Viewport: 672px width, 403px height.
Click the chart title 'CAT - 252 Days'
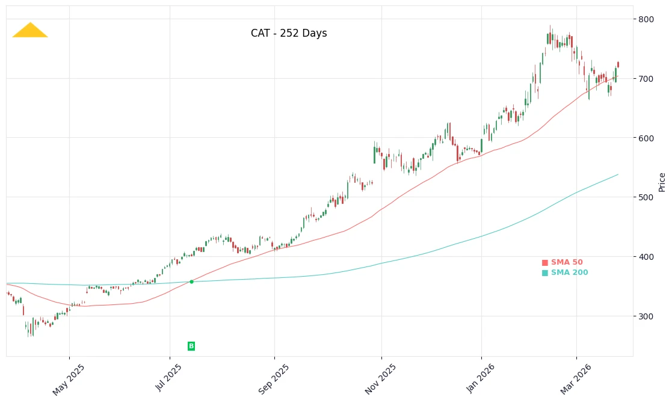click(x=289, y=34)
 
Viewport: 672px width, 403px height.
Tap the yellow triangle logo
click(x=30, y=31)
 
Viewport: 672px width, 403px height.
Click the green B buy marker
click(x=191, y=346)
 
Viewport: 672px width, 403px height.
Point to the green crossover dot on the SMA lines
click(x=191, y=281)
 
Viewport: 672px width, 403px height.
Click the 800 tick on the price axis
click(x=646, y=19)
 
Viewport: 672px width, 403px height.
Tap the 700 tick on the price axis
click(x=646, y=79)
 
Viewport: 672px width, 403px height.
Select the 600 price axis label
click(x=646, y=138)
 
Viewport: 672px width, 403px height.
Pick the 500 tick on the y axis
click(x=646, y=197)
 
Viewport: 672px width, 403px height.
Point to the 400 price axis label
click(x=646, y=257)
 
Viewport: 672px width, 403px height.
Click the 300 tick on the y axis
click(x=646, y=316)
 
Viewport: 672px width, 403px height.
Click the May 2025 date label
click(x=69, y=379)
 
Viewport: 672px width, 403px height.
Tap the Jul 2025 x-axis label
click(x=169, y=379)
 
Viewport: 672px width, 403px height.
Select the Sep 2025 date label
click(x=274, y=379)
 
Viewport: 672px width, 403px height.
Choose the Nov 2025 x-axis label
click(x=381, y=379)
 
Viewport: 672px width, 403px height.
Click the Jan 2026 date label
click(x=481, y=379)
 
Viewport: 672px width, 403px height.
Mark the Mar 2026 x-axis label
click(x=576, y=379)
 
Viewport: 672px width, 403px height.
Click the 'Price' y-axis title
click(x=662, y=182)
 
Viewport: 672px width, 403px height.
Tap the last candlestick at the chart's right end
click(x=617, y=64)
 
